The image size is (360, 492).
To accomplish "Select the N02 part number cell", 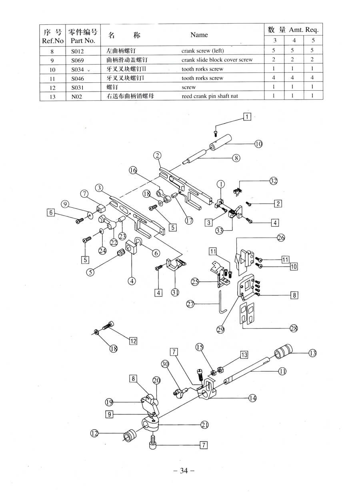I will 76,96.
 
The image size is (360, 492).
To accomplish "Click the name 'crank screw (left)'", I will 202,51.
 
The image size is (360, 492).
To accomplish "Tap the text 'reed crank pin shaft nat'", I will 210,96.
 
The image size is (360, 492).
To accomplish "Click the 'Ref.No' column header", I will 52,40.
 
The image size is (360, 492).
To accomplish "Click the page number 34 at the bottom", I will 184,470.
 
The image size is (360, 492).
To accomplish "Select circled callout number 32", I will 274,181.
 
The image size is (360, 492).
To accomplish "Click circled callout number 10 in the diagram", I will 259,144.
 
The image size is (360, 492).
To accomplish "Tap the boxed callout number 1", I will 247,117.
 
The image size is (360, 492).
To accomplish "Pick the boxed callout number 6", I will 51,213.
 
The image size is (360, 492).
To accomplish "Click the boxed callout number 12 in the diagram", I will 133,341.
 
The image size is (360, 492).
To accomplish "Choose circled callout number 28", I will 294,328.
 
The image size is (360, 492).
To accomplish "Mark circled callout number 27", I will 191,304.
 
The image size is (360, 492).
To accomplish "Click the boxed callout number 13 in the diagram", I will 244,355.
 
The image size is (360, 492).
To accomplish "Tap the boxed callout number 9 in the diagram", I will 109,415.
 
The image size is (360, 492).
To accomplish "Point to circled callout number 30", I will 165,364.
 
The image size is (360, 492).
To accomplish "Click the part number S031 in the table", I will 77,87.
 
